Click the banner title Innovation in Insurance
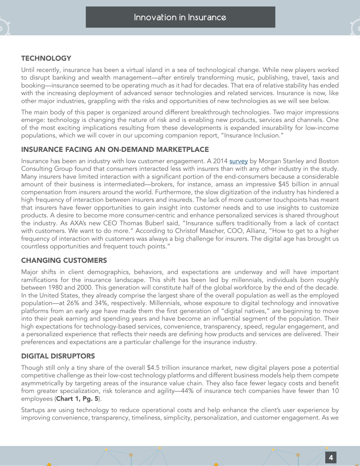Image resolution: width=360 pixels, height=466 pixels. point(180,17)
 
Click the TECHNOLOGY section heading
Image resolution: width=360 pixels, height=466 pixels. point(46,58)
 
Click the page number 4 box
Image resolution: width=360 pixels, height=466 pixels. point(331,458)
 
